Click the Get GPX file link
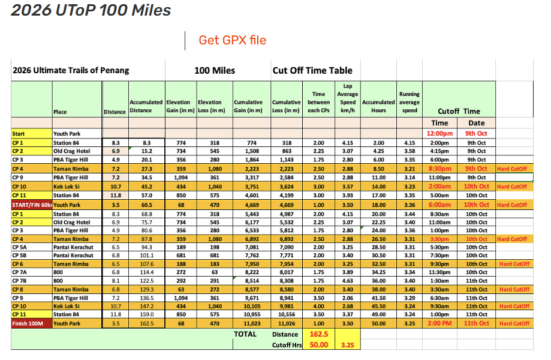pyautogui.click(x=233, y=40)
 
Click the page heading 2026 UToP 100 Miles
pyautogui.click(x=91, y=10)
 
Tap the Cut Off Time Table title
pyautogui.click(x=317, y=70)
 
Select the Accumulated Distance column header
pyautogui.click(x=146, y=107)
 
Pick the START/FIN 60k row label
pyautogui.click(x=32, y=205)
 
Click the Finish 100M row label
pyautogui.click(x=32, y=323)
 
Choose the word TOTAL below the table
pyautogui.click(x=245, y=334)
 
